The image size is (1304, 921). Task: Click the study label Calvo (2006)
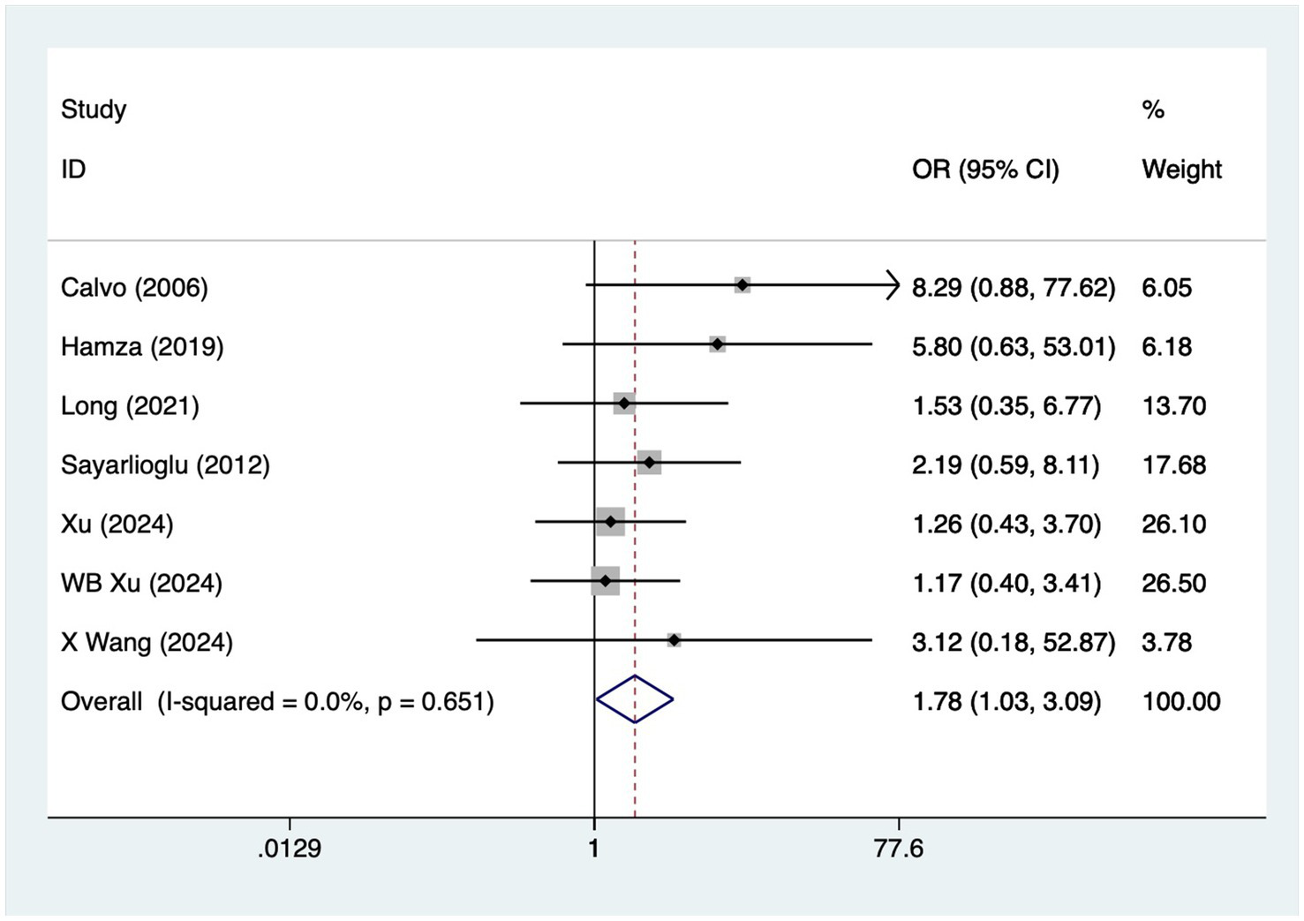(x=134, y=288)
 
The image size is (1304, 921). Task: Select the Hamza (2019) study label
(x=142, y=347)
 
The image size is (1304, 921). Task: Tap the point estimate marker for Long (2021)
(x=624, y=404)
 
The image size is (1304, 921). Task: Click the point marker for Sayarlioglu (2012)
(x=649, y=462)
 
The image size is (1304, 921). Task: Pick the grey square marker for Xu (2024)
(x=610, y=522)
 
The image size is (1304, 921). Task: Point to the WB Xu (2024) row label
(x=141, y=584)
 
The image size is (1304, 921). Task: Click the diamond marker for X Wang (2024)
(x=674, y=640)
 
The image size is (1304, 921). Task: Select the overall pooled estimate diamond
(x=635, y=699)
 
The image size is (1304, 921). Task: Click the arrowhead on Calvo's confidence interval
(x=893, y=285)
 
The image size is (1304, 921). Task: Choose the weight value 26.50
(x=1173, y=584)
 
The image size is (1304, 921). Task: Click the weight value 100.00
(x=1181, y=702)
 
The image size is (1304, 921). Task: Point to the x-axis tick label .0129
(x=290, y=849)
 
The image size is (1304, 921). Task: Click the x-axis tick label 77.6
(x=899, y=849)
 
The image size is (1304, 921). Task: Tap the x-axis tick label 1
(x=594, y=849)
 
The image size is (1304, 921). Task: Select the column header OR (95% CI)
(x=985, y=170)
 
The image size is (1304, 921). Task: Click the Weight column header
(x=1181, y=170)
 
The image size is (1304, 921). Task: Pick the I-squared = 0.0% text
(x=261, y=702)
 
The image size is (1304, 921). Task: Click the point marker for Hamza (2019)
(x=717, y=343)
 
